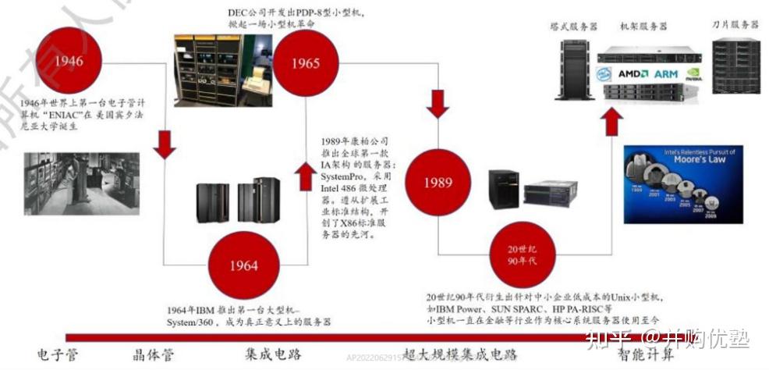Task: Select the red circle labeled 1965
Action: coord(305,63)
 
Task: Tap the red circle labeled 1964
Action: coord(243,265)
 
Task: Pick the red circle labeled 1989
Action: coord(438,182)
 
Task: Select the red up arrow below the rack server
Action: coord(613,122)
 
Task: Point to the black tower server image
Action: coord(572,69)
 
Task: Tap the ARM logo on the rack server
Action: coord(665,73)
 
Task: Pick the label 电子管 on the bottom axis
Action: coord(58,355)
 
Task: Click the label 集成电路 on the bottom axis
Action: coord(273,355)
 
